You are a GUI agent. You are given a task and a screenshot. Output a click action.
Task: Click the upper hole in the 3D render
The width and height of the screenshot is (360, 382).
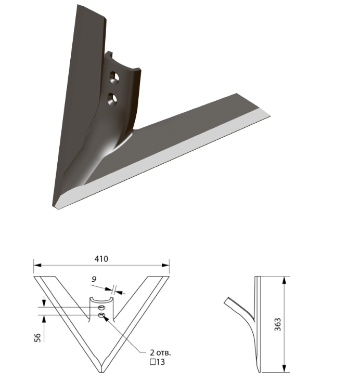tap(114, 78)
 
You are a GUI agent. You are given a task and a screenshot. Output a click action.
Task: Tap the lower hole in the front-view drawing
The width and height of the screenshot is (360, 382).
tap(101, 315)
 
